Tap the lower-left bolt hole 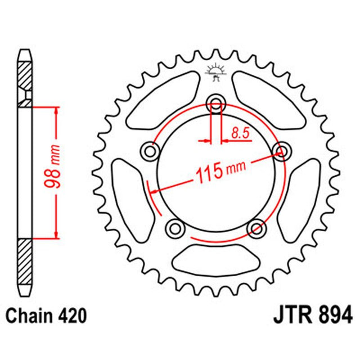174,227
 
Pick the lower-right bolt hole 256,228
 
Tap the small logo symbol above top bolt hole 215,73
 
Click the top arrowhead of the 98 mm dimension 57,109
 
